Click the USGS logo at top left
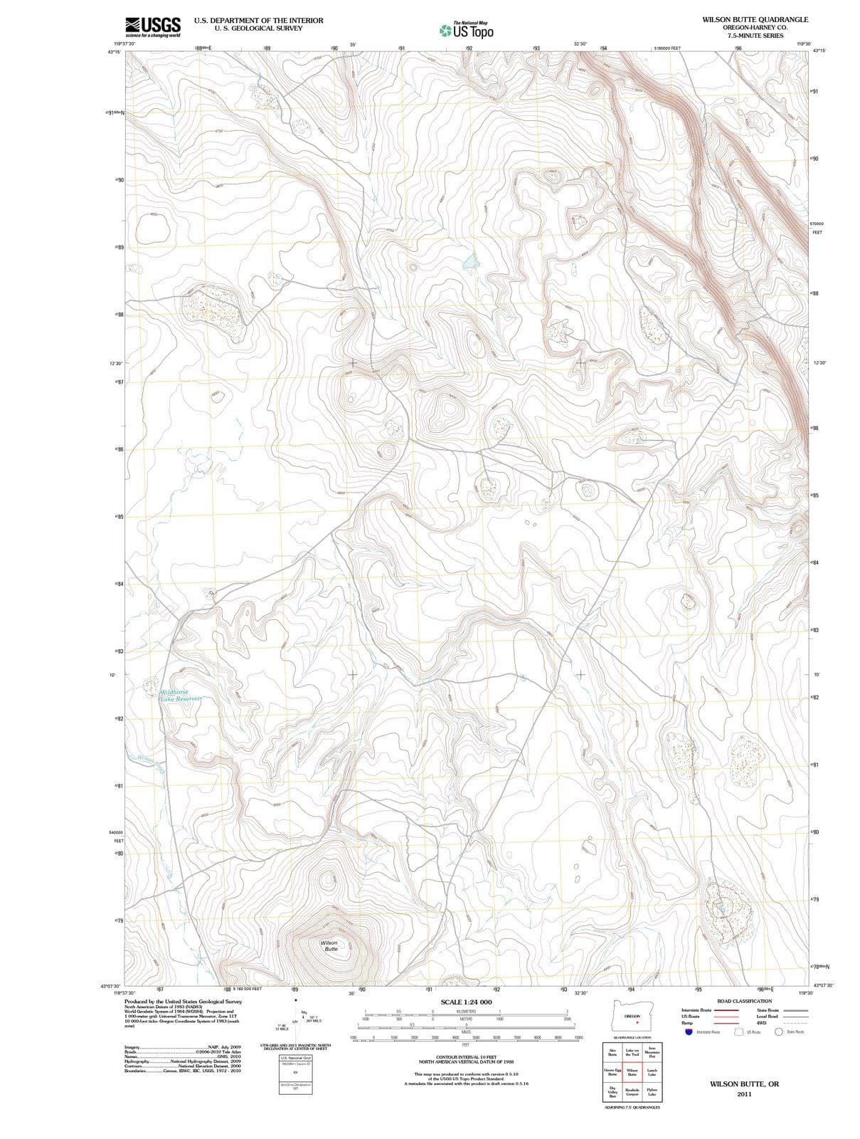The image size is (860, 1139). point(152,26)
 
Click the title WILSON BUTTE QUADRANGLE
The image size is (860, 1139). point(755,19)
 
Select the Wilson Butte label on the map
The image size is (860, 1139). point(329,945)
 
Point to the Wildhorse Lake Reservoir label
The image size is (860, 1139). point(181,696)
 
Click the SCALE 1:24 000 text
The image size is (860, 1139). point(466,1002)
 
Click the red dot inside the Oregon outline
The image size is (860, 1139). point(627,1024)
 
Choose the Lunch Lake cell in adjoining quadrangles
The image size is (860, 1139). point(652,1072)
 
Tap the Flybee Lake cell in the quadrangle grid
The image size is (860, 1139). point(652,1091)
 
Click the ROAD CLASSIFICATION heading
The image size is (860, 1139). point(744,1001)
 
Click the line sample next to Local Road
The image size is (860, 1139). point(795,1017)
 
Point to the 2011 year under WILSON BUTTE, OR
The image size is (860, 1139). point(744,1093)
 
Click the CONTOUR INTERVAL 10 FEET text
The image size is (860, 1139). point(466,1056)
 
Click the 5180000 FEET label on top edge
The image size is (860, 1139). point(667,48)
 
